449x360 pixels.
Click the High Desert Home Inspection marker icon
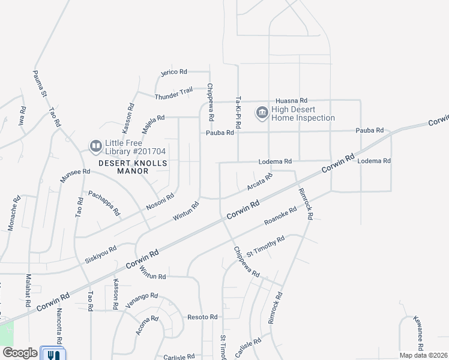click(x=262, y=113)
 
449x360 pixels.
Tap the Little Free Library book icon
click(x=95, y=146)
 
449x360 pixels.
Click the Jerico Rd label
click(x=174, y=72)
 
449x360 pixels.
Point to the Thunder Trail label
click(x=173, y=94)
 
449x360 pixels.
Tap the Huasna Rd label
click(x=291, y=101)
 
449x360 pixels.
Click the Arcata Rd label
click(x=260, y=182)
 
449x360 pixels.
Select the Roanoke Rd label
click(x=280, y=217)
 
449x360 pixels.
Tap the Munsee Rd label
click(x=74, y=176)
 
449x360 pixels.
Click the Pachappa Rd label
click(x=104, y=203)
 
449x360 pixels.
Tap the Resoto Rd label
click(x=202, y=317)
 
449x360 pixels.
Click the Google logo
click(x=20, y=353)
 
